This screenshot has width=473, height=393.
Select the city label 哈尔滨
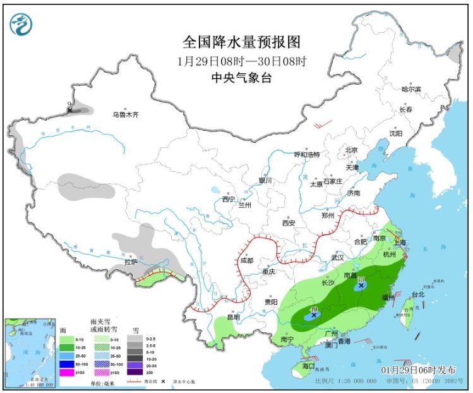(411, 89)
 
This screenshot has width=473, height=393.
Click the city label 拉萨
(131, 261)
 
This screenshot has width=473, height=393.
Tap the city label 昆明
(232, 317)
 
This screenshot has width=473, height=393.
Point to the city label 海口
(308, 366)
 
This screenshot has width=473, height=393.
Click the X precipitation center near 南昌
(361, 286)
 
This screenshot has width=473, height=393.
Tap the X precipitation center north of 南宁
(313, 315)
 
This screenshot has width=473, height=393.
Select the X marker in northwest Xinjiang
(69, 111)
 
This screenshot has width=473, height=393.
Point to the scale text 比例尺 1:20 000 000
(345, 382)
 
